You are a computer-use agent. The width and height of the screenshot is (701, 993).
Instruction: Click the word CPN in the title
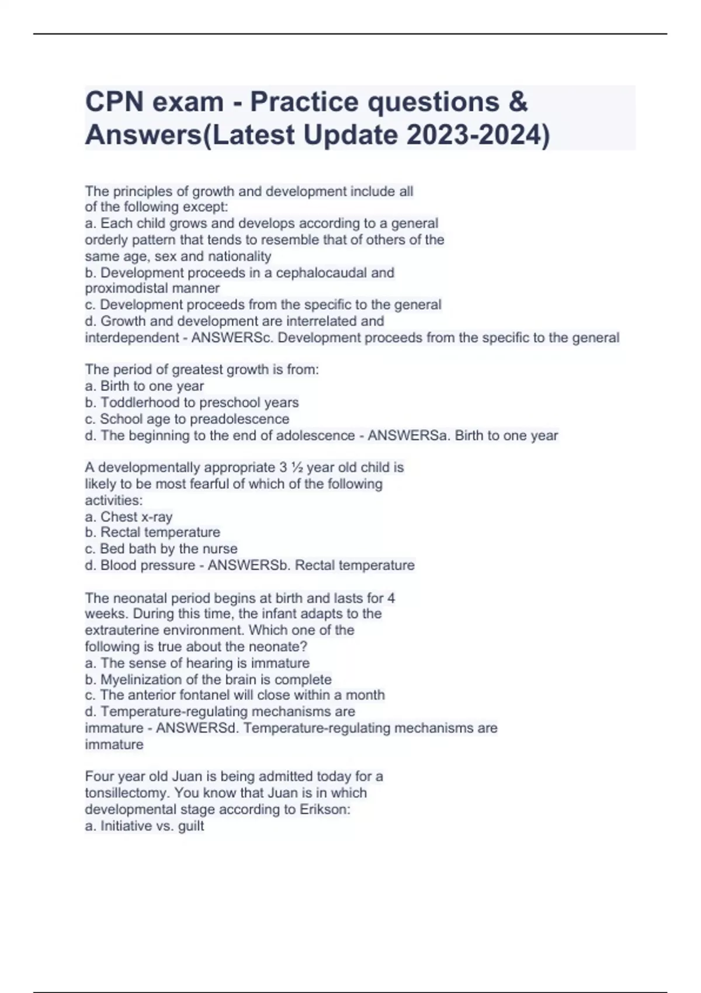(x=114, y=102)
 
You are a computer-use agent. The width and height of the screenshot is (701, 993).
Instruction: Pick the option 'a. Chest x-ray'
(x=129, y=517)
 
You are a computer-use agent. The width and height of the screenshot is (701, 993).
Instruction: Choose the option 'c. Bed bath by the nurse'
(x=161, y=549)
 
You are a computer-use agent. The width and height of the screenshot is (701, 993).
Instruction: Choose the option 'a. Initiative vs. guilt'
(x=145, y=826)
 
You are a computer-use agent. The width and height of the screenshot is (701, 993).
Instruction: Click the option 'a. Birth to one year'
(x=144, y=386)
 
